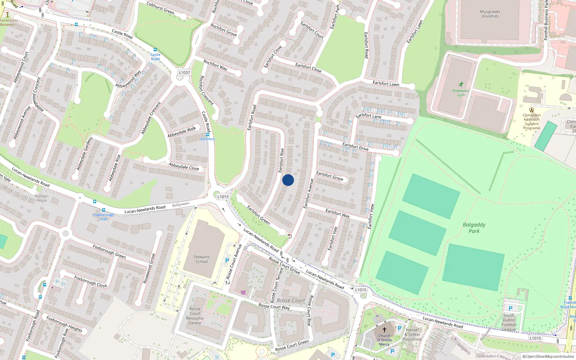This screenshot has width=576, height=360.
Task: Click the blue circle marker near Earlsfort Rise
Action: pos(288,180)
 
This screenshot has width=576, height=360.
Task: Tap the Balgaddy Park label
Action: pos(474,228)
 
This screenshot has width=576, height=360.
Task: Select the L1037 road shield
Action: pos(184,72)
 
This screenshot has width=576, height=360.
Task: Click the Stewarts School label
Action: pos(201,259)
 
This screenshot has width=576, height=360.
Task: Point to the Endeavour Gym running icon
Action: pos(461,84)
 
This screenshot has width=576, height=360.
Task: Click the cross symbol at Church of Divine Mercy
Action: pos(384,330)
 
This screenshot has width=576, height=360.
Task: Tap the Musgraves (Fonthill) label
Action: pos(490,14)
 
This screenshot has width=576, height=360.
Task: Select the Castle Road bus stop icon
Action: pos(155,50)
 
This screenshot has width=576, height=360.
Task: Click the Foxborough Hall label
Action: pos(103,217)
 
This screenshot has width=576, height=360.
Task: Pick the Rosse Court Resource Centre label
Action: pos(195,316)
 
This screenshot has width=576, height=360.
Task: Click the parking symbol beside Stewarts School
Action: pos(227,261)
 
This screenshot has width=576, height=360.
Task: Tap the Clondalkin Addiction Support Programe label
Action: pos(531,121)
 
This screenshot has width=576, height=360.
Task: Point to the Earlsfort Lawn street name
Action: pos(386,84)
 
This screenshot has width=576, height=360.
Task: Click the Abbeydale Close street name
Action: pos(184,166)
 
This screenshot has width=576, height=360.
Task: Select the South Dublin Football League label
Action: pos(509,322)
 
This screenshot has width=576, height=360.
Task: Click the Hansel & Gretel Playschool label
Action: pos(412,334)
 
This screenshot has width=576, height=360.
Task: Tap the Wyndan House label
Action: pos(41,198)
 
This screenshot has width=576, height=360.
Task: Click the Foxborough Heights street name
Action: pos(64,324)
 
